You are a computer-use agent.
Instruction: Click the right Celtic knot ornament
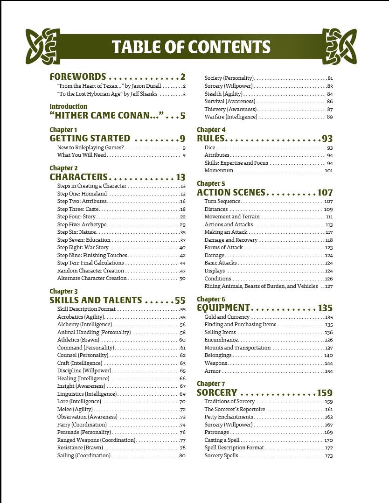click(339, 46)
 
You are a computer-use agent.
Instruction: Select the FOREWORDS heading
click(78, 77)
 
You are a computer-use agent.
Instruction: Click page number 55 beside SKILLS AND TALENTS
click(180, 300)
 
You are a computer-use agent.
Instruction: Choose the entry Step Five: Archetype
click(82, 224)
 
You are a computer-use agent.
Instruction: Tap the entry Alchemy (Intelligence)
click(84, 324)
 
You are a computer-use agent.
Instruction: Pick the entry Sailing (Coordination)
click(84, 455)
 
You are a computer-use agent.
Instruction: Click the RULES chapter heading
click(211, 139)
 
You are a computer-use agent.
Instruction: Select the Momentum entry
click(219, 171)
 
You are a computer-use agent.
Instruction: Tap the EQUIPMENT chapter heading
click(223, 308)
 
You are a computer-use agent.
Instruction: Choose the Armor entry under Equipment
click(213, 371)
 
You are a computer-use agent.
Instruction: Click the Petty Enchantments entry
click(229, 417)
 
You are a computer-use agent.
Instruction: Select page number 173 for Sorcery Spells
click(329, 455)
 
